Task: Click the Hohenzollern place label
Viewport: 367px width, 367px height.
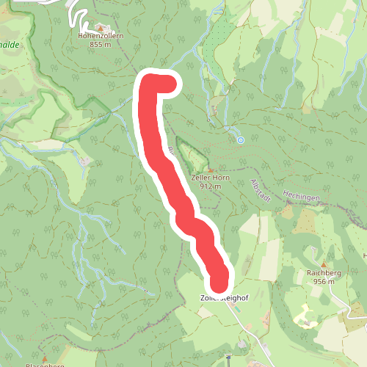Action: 101,34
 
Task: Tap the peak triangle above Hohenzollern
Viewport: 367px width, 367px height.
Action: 101,26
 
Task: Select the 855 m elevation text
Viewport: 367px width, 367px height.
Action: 101,44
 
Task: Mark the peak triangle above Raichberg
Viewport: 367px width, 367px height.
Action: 322,264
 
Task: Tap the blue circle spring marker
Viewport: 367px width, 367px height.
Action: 240,139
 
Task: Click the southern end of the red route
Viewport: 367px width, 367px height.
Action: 219,280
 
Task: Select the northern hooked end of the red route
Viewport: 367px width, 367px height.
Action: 169,82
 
